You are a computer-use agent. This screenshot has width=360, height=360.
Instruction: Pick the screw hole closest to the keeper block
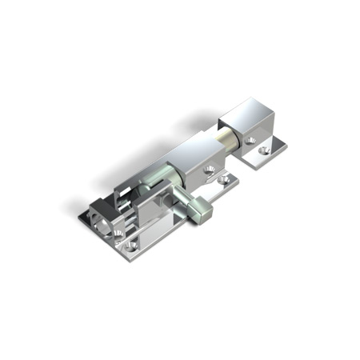pyautogui.click(x=250, y=141)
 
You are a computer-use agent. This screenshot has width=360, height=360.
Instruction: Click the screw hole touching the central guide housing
pyautogui.click(x=210, y=169)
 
